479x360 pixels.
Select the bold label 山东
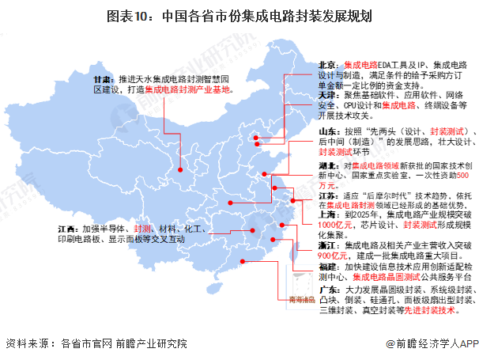326,130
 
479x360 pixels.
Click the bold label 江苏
326,195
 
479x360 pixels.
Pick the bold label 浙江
326,246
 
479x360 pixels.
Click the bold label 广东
326,291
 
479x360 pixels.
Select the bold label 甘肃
100,80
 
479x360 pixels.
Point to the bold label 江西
67,228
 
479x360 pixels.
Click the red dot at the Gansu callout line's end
181,169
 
